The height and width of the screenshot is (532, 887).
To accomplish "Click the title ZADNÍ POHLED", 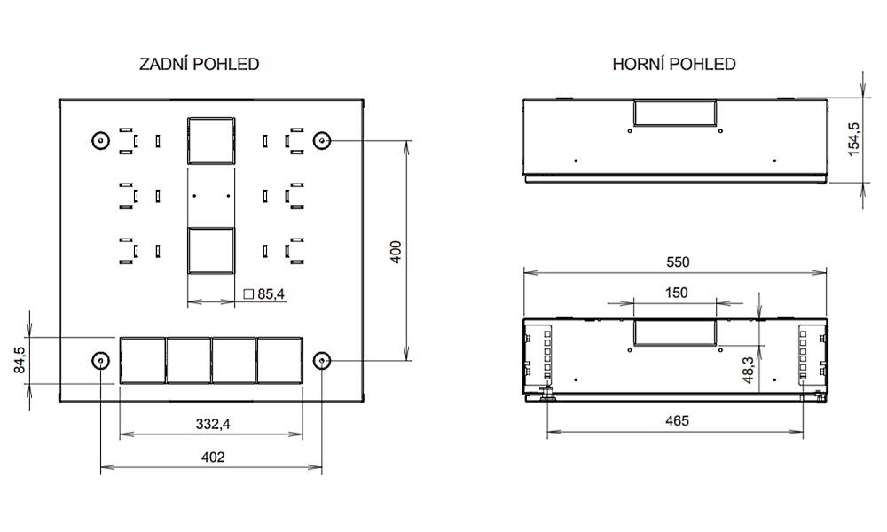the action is click(199, 64).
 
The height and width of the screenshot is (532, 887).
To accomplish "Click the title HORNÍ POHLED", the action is click(674, 64).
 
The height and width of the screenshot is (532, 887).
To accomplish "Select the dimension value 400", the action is click(396, 252).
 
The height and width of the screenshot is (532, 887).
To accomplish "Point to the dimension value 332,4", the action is click(213, 424).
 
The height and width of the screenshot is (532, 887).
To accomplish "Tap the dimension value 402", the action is click(213, 457).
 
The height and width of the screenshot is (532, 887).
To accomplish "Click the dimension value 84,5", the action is click(20, 360).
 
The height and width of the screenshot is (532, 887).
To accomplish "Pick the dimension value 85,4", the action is click(271, 294).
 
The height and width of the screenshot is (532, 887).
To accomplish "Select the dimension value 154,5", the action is click(853, 139).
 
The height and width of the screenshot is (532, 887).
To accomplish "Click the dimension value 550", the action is click(678, 262).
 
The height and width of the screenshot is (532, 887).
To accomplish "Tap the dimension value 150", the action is click(676, 293).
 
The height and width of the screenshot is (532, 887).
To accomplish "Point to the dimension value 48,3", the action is click(748, 371).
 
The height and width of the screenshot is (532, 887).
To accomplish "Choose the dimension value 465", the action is click(677, 420).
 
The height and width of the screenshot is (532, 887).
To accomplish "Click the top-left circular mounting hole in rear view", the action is click(101, 140).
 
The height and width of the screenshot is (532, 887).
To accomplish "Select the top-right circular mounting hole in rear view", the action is click(322, 140).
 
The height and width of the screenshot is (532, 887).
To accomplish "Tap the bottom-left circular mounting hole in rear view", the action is click(101, 360).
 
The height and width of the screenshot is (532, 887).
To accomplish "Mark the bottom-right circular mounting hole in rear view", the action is click(322, 360).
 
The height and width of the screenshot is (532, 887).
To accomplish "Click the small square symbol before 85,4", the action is click(248, 294).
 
